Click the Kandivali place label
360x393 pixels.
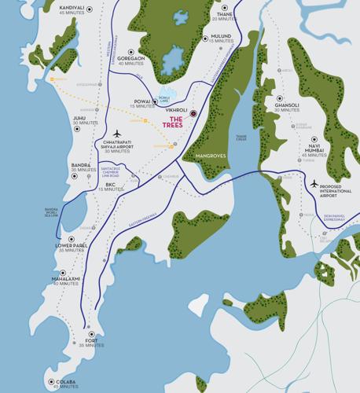[72, 8]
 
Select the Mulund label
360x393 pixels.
[222, 36]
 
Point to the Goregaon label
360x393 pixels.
[130, 58]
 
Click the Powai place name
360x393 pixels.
[142, 101]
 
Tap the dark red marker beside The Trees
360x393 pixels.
[193, 114]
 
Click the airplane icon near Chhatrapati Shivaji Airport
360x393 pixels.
[118, 134]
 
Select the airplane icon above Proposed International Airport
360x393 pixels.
[314, 183]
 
